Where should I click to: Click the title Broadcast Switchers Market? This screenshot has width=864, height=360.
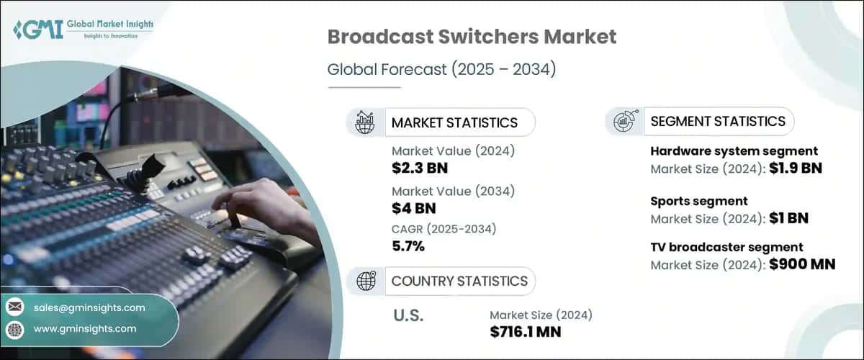tap(472, 37)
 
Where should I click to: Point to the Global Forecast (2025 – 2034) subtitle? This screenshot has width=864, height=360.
tap(441, 70)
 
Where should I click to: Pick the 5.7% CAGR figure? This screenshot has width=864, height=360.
tap(408, 247)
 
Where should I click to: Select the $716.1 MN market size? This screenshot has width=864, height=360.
tap(526, 331)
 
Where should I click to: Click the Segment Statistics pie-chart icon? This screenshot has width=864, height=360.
tap(624, 122)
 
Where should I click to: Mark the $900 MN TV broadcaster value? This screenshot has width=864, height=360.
tap(801, 264)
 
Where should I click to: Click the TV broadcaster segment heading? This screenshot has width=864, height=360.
tap(726, 248)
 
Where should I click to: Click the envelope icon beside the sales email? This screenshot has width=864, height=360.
tap(15, 307)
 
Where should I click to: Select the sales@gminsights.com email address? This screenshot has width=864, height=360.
tap(89, 307)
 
